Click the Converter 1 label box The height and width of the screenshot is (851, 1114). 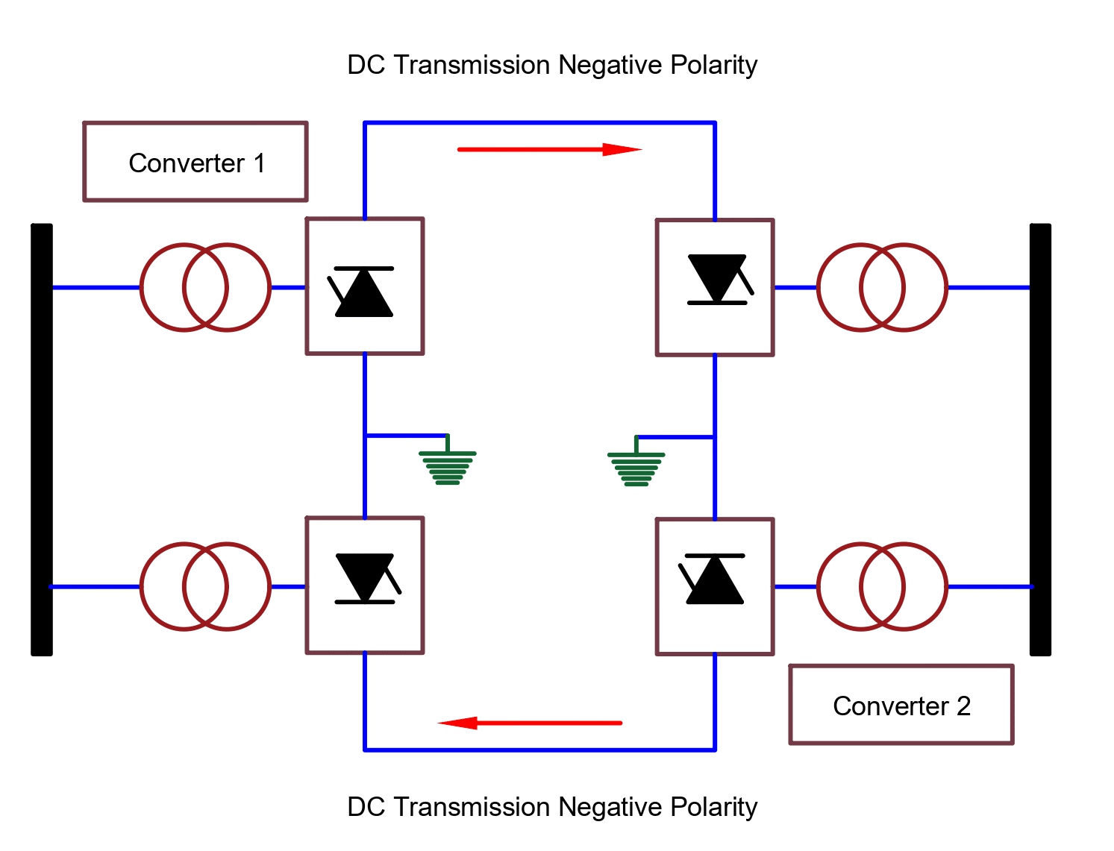pos(195,162)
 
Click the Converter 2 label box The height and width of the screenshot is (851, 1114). pos(901,705)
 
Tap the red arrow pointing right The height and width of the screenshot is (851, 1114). pos(549,150)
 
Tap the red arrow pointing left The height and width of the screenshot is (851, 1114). pos(530,723)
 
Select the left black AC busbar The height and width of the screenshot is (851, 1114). pos(42,439)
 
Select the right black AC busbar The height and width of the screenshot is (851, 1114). pos(1040,439)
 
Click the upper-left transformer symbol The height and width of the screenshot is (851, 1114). pos(205,287)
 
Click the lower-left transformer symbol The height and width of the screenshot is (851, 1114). pos(205,586)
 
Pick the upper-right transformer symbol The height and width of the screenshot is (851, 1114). pos(882,287)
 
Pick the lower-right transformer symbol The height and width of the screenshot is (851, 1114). pos(882,586)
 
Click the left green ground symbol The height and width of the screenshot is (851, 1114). pos(447,466)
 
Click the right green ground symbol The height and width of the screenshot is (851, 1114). pos(636,468)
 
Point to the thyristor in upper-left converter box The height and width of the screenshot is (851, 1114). pos(363,292)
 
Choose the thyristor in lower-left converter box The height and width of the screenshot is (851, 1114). pos(366,578)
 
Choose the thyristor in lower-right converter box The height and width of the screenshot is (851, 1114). pos(714,580)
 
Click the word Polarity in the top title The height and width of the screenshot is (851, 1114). pos(713,65)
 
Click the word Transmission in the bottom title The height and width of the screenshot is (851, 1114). pos(472,807)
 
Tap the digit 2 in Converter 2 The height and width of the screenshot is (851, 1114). pos(963,706)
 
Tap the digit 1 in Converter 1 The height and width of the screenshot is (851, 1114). pos(260,163)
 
